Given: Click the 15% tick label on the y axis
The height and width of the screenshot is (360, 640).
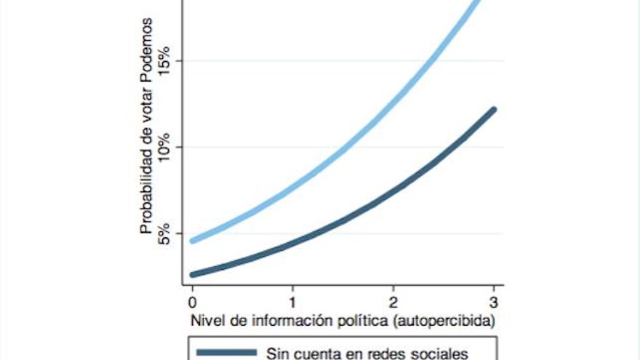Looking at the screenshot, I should point(163,60).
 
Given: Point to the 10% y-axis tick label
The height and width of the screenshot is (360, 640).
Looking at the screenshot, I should point(163,147).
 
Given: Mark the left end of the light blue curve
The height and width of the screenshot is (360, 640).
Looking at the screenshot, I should point(192,241).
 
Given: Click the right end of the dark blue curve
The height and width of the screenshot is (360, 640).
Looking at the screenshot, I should point(494,110).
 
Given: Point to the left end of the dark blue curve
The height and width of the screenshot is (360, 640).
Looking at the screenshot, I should point(192,275).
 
